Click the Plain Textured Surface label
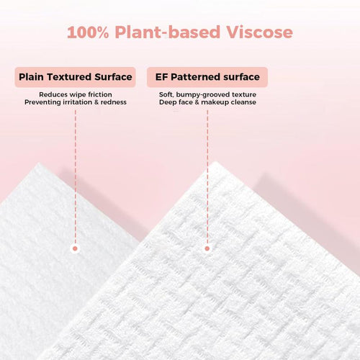[76, 77]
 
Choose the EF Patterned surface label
[207, 77]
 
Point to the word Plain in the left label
[32, 77]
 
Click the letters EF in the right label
[159, 77]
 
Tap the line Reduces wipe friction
[75, 94]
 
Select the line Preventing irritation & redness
[75, 102]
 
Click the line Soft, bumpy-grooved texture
[207, 94]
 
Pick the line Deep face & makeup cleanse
[207, 102]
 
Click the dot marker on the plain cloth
[75, 248]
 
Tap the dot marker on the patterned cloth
[207, 248]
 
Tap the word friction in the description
[99, 94]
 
